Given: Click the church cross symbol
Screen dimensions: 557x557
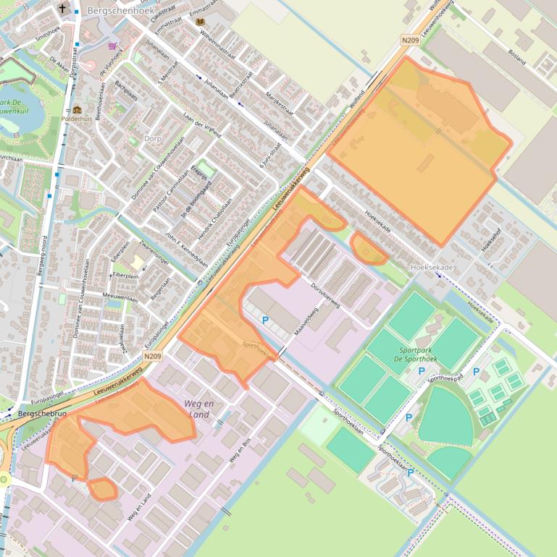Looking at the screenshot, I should point(63,9).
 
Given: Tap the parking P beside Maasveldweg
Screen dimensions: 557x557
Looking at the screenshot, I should point(265,320).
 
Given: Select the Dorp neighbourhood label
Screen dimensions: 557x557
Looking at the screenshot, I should point(152,138).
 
